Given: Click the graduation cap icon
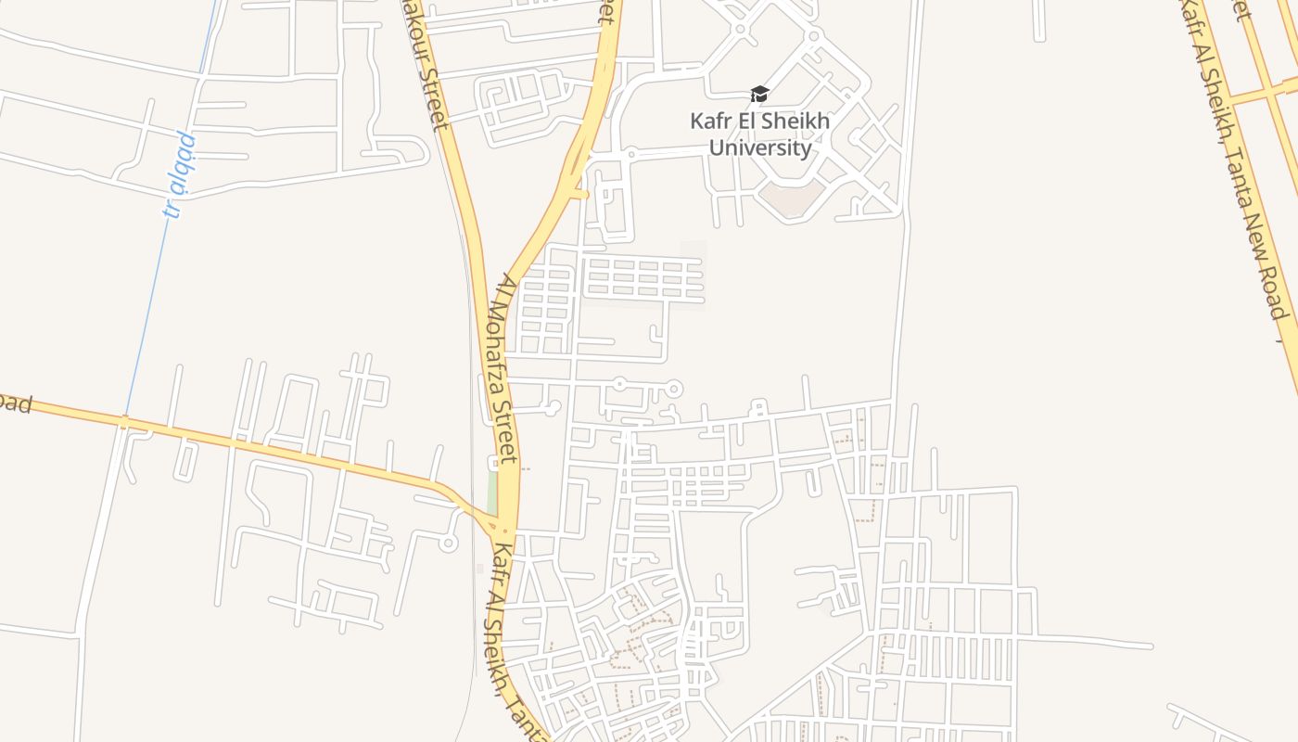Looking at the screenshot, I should [759, 94].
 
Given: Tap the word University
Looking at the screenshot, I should [760, 147].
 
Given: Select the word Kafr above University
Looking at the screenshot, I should [710, 122].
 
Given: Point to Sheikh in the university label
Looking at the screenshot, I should [797, 122].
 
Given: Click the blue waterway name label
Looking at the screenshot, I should [180, 174].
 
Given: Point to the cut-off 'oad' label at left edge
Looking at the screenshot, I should [16, 405].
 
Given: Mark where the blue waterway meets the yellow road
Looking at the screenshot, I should [125, 422].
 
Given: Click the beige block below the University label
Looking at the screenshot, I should [790, 198].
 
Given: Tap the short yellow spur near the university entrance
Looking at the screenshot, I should [579, 194].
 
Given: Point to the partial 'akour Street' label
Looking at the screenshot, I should [425, 65].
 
